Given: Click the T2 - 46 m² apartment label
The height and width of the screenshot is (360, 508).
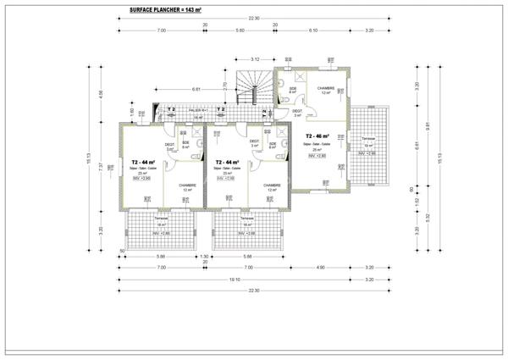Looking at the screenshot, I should pyautogui.click(x=317, y=136).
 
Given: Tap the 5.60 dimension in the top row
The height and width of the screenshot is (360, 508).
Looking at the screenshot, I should pyautogui.click(x=240, y=30).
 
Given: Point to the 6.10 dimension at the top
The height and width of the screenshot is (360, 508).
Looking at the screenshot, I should pyautogui.click(x=313, y=30).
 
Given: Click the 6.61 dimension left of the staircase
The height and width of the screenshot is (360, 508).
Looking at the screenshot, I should pyautogui.click(x=196, y=89).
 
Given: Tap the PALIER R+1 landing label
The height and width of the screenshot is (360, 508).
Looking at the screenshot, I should pyautogui.click(x=198, y=110).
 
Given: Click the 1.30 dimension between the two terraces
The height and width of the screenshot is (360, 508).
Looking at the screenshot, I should pyautogui.click(x=204, y=256).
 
